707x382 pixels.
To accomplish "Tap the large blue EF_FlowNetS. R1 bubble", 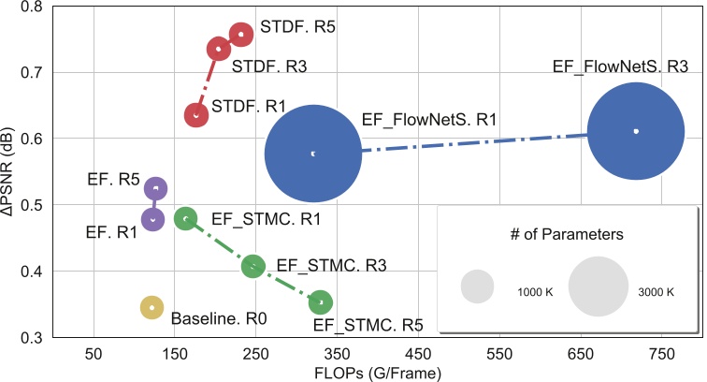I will tap(312, 154).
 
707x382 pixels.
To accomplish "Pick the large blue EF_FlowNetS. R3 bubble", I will tap(635, 131).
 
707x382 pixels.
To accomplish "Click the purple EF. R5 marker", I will tap(155, 188).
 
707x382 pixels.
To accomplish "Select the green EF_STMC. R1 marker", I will tap(186, 218).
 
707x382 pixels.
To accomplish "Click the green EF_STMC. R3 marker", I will tap(252, 267).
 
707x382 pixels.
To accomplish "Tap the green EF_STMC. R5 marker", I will tap(321, 301).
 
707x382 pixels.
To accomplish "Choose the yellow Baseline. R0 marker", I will tap(151, 307).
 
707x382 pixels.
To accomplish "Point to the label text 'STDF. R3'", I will tap(269, 67).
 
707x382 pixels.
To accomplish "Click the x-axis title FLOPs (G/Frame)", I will tap(374, 373).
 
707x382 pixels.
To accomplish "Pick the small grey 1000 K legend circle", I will tap(477, 286).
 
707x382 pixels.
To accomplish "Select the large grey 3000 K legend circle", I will tap(598, 286).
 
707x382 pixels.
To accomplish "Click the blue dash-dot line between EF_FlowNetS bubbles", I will tap(468, 142).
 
